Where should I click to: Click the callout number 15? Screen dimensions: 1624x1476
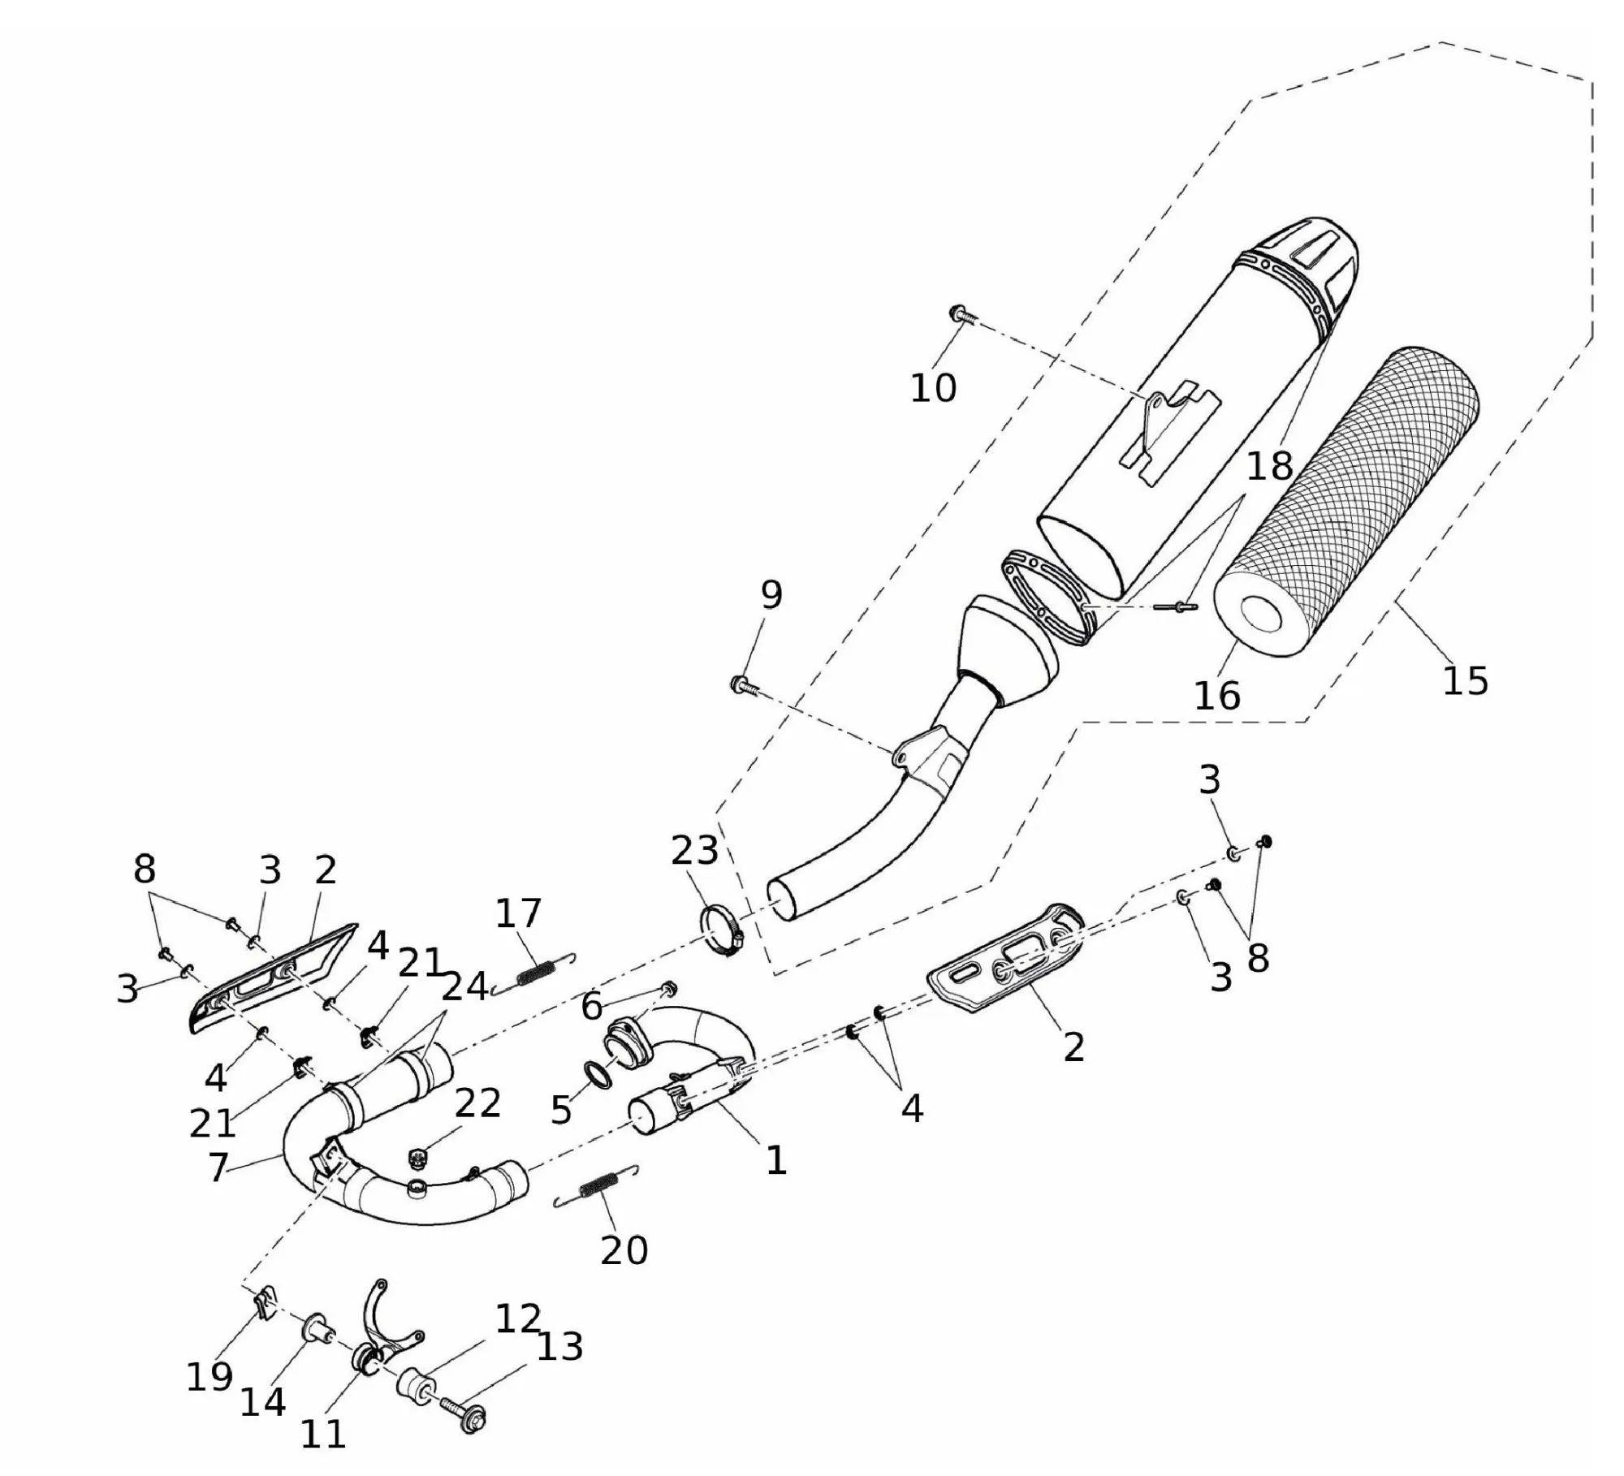click(x=1465, y=680)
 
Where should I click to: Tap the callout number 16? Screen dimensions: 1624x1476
click(x=1217, y=696)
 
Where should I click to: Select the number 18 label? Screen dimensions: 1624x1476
click(x=1269, y=466)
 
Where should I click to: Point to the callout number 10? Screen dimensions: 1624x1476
click(x=933, y=388)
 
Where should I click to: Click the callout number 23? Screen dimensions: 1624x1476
click(x=695, y=850)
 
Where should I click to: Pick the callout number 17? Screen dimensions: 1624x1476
click(x=518, y=913)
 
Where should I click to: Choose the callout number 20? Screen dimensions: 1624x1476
click(x=624, y=1250)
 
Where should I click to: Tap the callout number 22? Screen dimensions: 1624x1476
click(x=477, y=1103)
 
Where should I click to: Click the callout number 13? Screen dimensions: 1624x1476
click(x=560, y=1346)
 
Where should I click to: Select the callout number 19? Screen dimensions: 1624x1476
click(x=209, y=1376)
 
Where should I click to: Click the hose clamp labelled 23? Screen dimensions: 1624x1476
click(x=720, y=930)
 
